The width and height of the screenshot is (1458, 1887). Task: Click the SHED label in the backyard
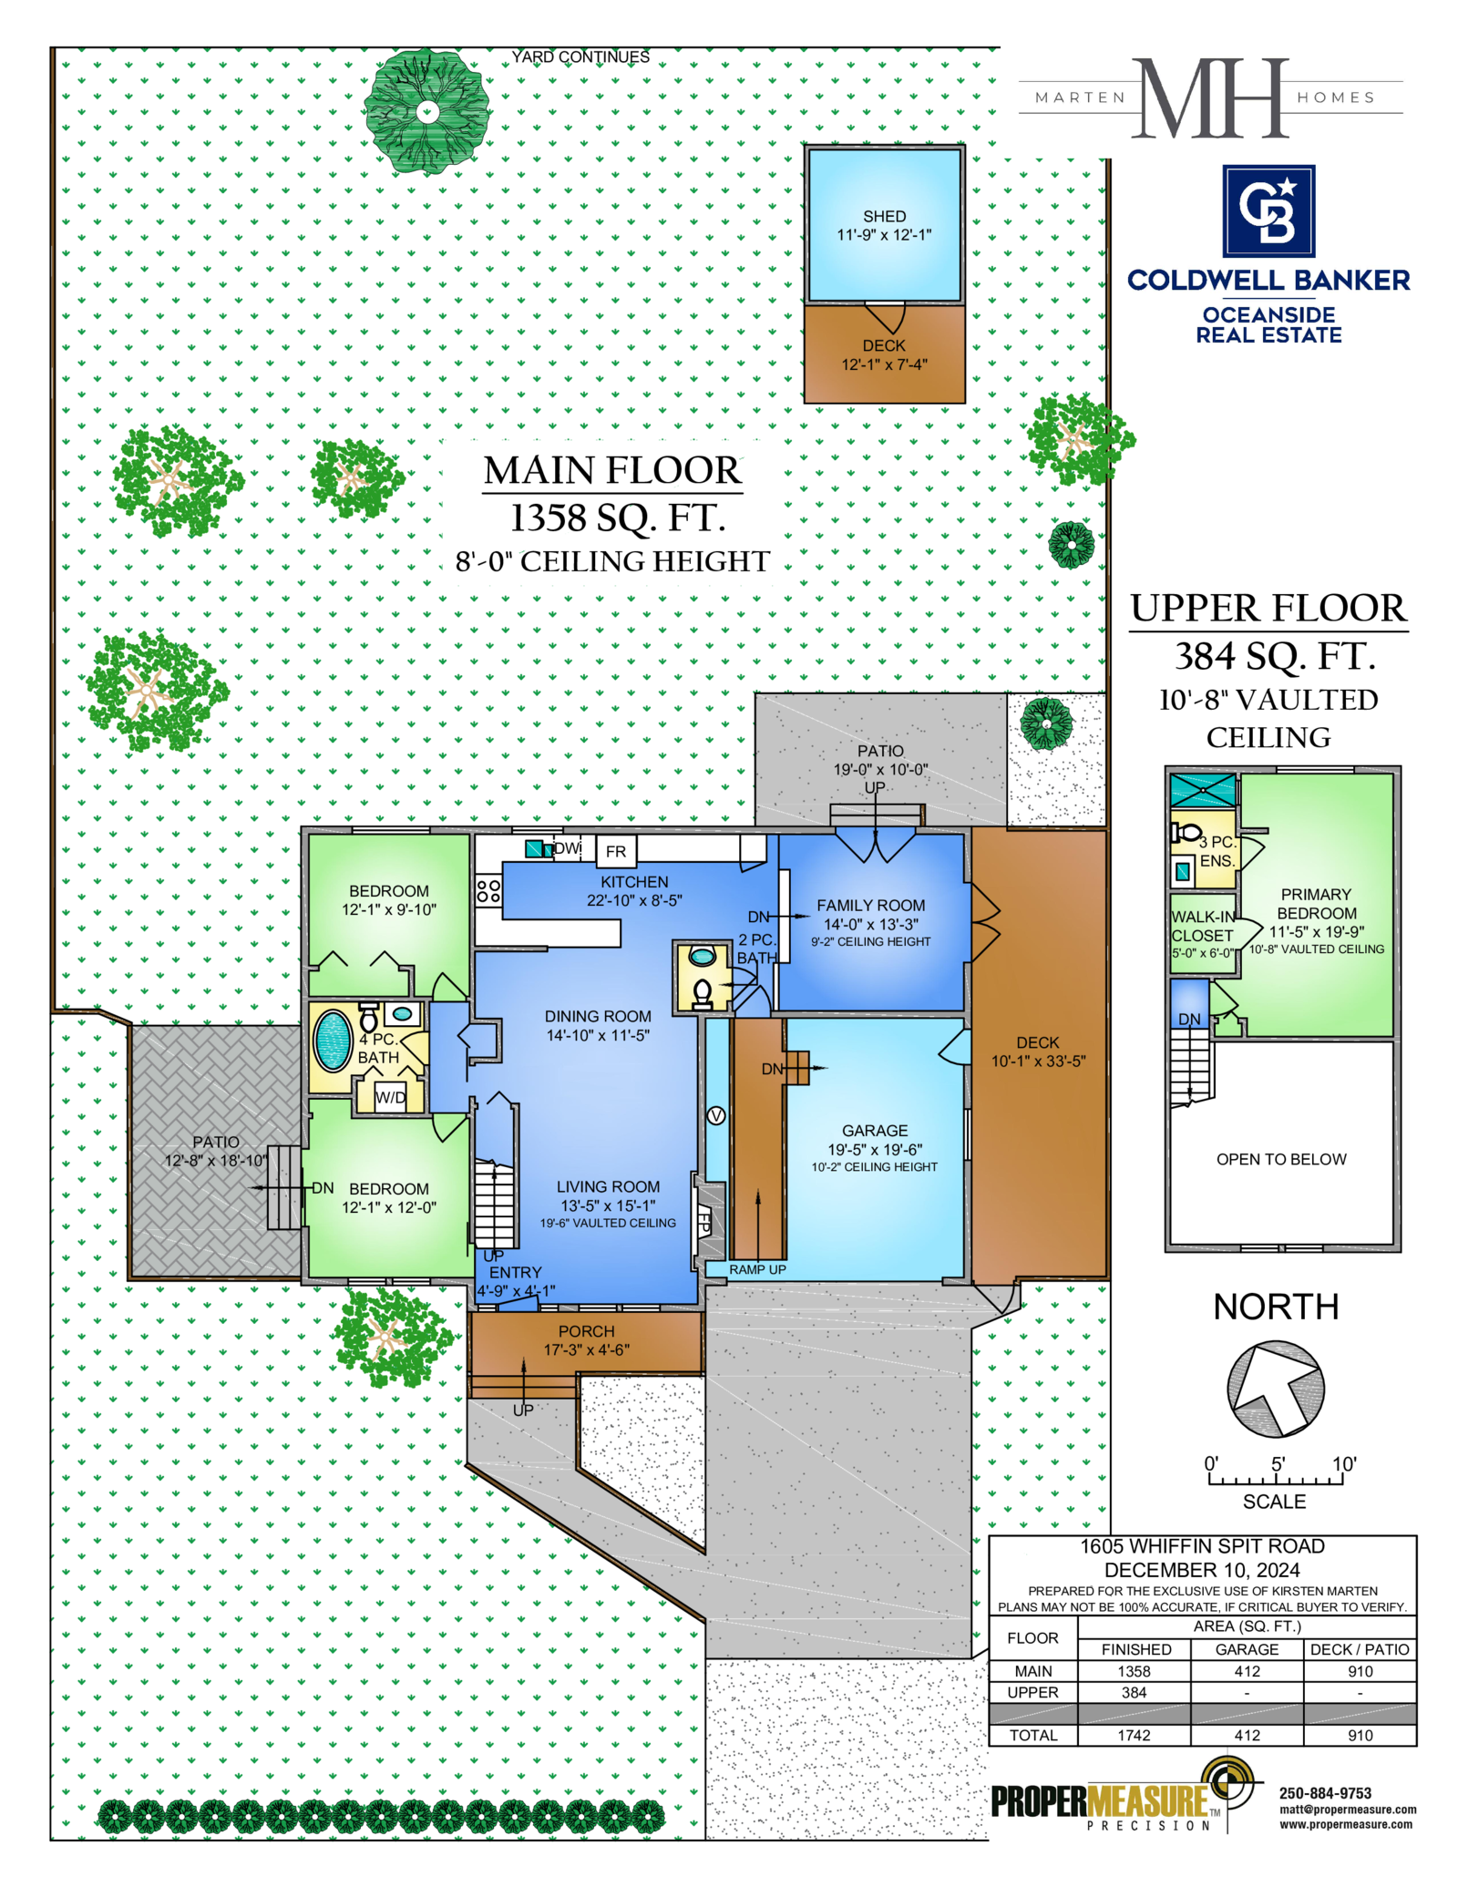[884, 216]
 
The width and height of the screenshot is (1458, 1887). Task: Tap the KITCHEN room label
[634, 882]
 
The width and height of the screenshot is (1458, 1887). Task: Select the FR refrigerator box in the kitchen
[616, 851]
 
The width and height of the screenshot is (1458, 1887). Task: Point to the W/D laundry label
[390, 1097]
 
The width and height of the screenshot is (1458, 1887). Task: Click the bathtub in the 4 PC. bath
[333, 1041]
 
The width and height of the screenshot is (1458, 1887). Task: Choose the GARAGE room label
[875, 1131]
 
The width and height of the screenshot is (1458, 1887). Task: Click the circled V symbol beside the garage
[716, 1116]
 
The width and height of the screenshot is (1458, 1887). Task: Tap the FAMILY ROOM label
[870, 906]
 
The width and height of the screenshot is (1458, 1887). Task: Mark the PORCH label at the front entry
[586, 1331]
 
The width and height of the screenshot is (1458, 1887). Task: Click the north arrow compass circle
[1275, 1390]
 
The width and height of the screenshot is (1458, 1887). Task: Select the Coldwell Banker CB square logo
[1268, 211]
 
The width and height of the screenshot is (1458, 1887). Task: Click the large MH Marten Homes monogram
[1210, 98]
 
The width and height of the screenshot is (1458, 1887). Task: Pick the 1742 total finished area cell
[1134, 1736]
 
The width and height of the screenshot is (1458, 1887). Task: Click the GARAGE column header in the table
[1247, 1649]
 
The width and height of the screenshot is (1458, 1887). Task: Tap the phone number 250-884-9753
[1325, 1793]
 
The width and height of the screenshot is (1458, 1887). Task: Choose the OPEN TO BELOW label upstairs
[1281, 1159]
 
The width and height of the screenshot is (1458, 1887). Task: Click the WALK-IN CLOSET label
[1203, 927]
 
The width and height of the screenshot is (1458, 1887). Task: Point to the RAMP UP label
[757, 1269]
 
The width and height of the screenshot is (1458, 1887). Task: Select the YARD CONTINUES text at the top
[580, 56]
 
